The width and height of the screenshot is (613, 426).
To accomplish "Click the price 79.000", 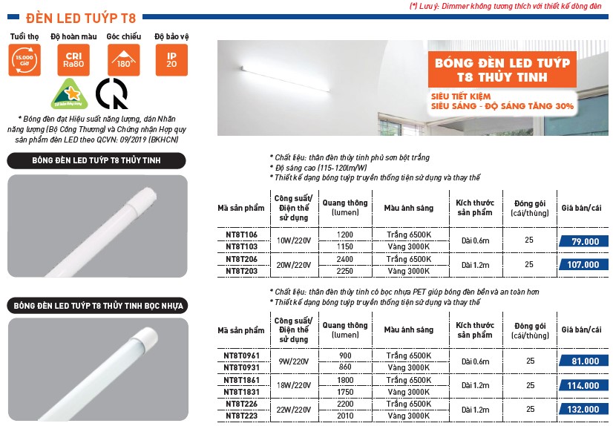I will tap(586, 241).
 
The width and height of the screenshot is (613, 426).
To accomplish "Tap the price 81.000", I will tap(586, 361).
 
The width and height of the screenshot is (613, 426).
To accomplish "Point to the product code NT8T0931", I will tap(243, 367).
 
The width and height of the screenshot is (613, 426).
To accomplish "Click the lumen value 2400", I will tap(345, 259).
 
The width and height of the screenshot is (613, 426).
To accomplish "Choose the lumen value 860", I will tap(345, 367).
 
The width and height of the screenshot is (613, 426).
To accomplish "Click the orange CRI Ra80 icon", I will tap(73, 60).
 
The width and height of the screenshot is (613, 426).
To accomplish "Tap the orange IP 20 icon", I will tap(171, 60).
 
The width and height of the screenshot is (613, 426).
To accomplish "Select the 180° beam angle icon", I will tap(122, 60).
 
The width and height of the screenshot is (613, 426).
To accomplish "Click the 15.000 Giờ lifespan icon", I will tap(24, 60).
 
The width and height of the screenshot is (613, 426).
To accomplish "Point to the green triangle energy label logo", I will tap(67, 94).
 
